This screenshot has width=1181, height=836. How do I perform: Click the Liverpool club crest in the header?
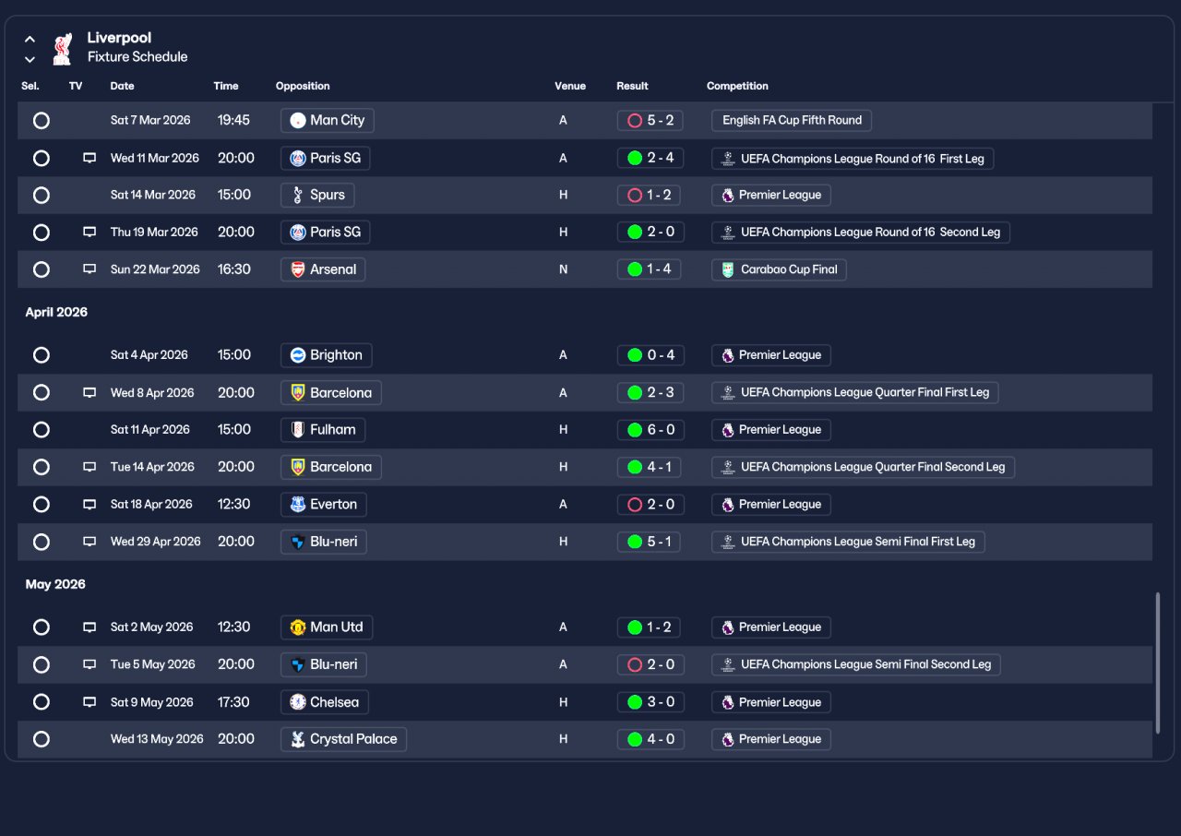[62, 49]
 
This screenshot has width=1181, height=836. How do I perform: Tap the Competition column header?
[737, 86]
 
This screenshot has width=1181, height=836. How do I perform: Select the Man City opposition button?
[327, 120]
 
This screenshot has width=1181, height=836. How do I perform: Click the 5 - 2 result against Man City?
[650, 120]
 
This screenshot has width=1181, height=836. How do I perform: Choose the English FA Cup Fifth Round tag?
[792, 120]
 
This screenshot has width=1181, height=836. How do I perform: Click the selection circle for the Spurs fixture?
[42, 195]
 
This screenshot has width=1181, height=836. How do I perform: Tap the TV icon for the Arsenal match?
[89, 269]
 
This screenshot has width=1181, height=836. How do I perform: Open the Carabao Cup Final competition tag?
[779, 269]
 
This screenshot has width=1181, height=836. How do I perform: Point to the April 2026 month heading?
[56, 312]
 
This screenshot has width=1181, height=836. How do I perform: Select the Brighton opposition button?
[326, 354]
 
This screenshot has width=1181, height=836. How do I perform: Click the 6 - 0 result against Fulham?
[650, 430]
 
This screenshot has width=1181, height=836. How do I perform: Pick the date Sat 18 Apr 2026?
[151, 504]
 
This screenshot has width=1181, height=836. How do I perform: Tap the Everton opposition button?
[323, 505]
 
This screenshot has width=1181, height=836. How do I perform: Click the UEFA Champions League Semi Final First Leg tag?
[848, 542]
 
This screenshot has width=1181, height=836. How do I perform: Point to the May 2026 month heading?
[55, 584]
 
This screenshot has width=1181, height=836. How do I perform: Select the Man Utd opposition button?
[327, 627]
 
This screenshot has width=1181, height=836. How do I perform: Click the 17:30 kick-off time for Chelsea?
[233, 702]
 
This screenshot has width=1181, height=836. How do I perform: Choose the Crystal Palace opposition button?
[343, 739]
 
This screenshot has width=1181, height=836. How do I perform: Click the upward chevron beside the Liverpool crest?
[30, 39]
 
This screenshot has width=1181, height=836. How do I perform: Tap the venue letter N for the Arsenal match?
[563, 269]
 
